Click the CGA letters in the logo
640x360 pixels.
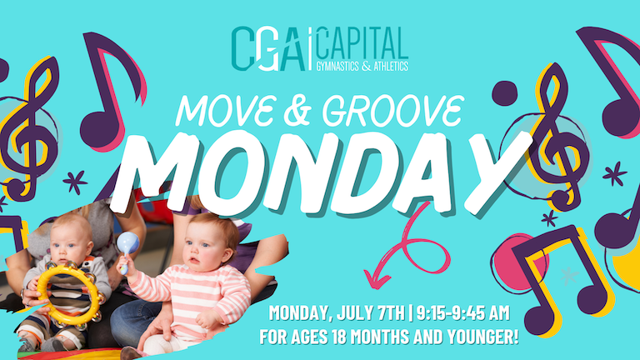pyautogui.click(x=268, y=49)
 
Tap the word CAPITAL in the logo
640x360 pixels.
pyautogui.click(x=362, y=42)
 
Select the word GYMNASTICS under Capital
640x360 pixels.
pyautogui.click(x=337, y=66)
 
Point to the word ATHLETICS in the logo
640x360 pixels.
pyautogui.click(x=391, y=66)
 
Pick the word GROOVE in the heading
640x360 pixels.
pyautogui.click(x=392, y=111)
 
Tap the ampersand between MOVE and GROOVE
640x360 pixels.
pyautogui.click(x=298, y=111)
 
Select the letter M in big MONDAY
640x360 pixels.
pyautogui.click(x=159, y=172)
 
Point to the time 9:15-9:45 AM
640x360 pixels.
pyautogui.click(x=462, y=313)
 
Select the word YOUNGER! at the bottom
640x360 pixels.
pyautogui.click(x=482, y=337)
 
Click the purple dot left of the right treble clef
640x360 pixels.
pyautogui.click(x=504, y=93)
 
